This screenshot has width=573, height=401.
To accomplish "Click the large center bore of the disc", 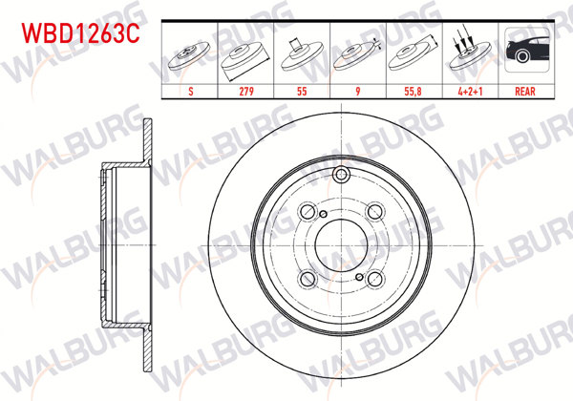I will [x=342, y=245].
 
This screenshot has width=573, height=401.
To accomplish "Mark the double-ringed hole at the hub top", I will [x=342, y=175].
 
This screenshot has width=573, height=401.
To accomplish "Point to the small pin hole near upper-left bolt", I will [x=324, y=212].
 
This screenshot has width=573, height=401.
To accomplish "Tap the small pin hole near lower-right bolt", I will [x=360, y=279].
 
